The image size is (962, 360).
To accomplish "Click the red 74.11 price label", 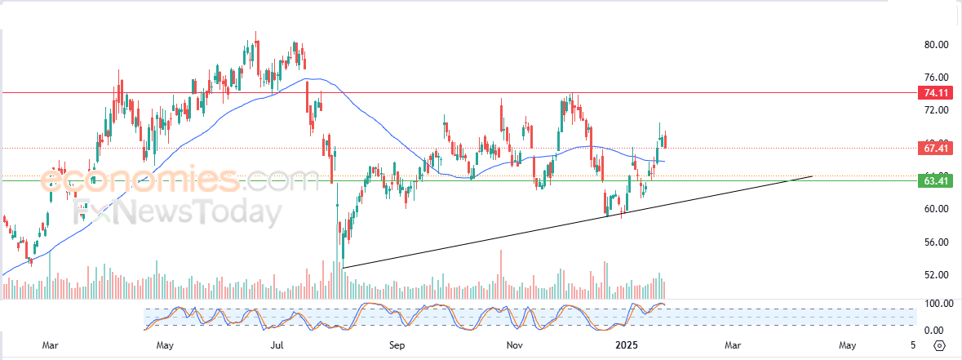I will click(x=933, y=93).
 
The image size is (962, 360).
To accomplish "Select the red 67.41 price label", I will click(x=933, y=149).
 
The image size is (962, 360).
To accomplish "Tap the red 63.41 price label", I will click(x=933, y=180).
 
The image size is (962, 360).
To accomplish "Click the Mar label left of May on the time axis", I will click(x=51, y=345).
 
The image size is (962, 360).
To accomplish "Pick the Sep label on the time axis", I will click(x=397, y=345).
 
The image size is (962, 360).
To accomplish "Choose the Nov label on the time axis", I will click(x=514, y=345).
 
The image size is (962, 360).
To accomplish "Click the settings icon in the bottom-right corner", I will click(x=940, y=345).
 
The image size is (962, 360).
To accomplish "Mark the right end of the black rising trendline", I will click(x=813, y=176).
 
